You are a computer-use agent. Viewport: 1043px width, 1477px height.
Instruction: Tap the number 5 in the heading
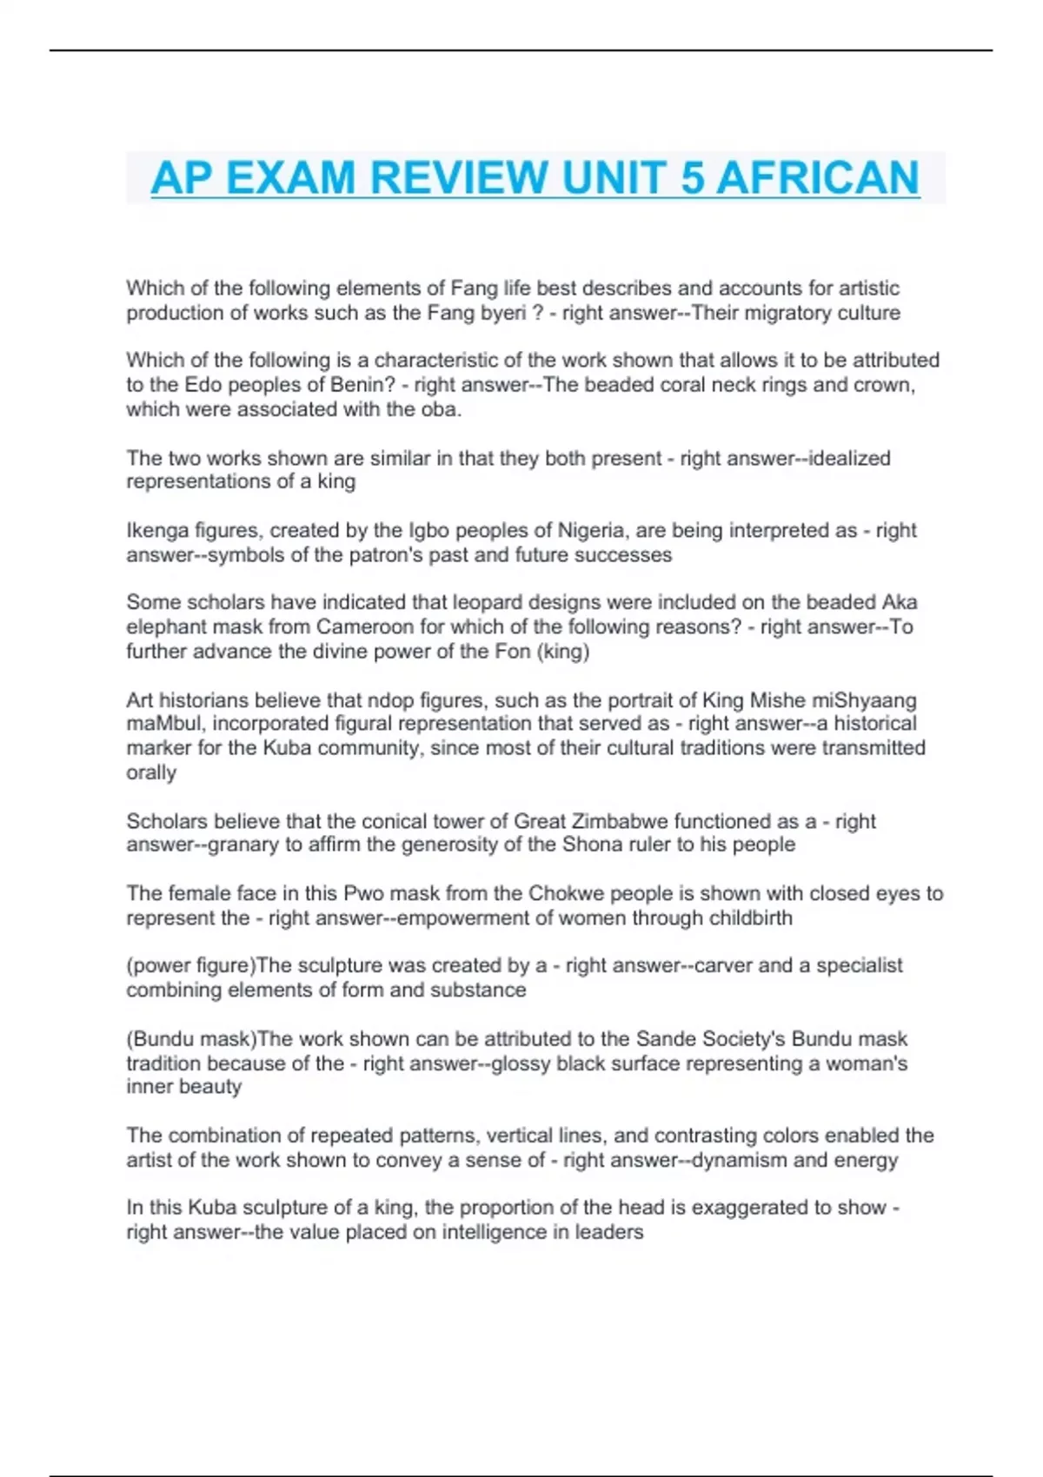tap(692, 178)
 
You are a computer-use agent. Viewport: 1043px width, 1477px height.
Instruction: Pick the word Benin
tap(358, 385)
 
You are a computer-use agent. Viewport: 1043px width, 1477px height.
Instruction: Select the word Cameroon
tap(366, 627)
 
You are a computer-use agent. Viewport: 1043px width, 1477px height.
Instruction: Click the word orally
tap(151, 772)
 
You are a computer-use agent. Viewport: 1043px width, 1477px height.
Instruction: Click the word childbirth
tap(747, 917)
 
